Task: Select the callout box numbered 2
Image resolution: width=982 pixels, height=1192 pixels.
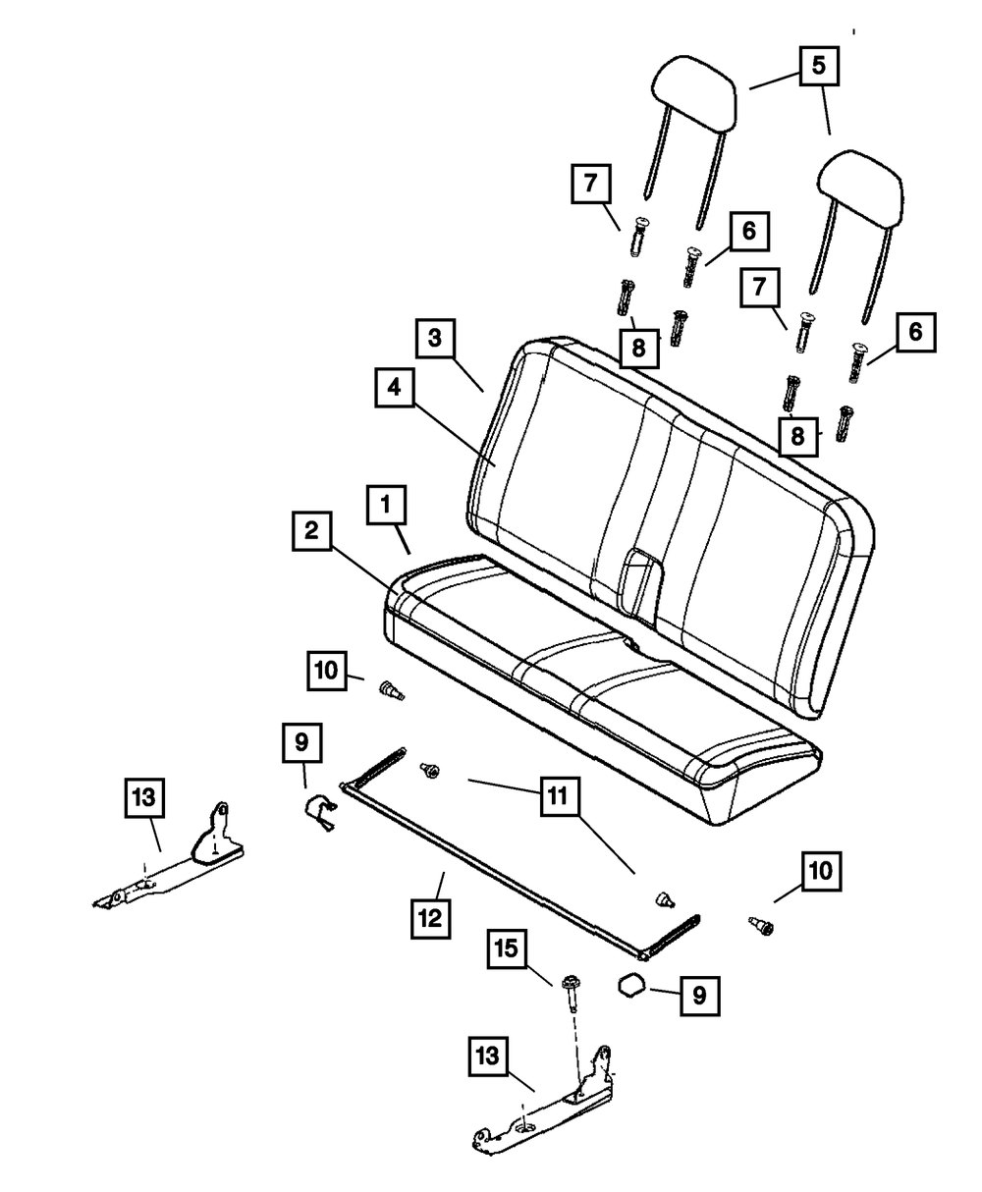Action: click(x=311, y=532)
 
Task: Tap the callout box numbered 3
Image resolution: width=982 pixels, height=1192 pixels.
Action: click(x=435, y=339)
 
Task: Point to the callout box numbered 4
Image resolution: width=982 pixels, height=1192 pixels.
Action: click(x=394, y=389)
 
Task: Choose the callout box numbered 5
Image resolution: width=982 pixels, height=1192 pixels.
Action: click(x=819, y=67)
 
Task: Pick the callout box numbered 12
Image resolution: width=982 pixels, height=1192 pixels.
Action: click(x=430, y=919)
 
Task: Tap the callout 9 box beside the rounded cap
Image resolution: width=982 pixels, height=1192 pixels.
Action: click(x=699, y=995)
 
